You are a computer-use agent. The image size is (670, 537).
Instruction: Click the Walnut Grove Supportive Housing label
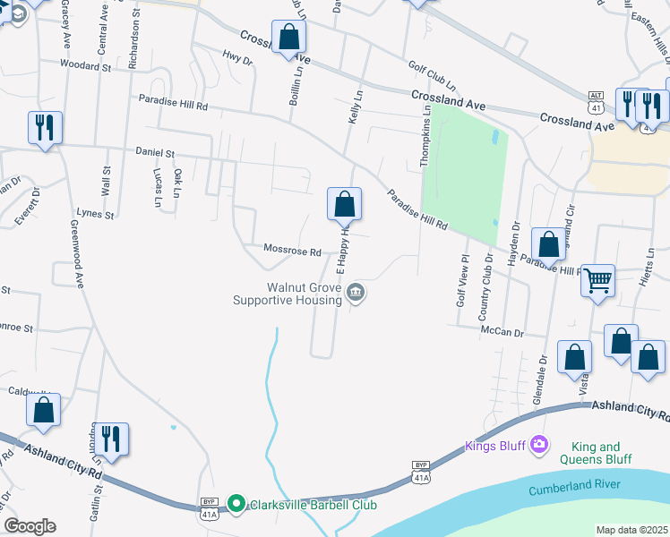287,294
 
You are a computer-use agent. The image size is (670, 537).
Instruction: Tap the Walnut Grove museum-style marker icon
356,293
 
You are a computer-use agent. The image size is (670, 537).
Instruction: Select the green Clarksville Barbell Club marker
236,505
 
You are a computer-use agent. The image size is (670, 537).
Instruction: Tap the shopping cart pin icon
597,280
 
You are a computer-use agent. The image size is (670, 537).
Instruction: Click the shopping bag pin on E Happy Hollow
344,205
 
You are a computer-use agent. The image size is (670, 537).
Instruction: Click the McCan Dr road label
501,331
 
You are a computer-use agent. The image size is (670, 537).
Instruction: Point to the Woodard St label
85,65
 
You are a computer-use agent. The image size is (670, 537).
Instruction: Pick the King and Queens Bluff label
595,453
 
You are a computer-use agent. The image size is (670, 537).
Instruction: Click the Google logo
30,526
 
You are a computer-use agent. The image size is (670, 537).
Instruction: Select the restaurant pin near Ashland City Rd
111,439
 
